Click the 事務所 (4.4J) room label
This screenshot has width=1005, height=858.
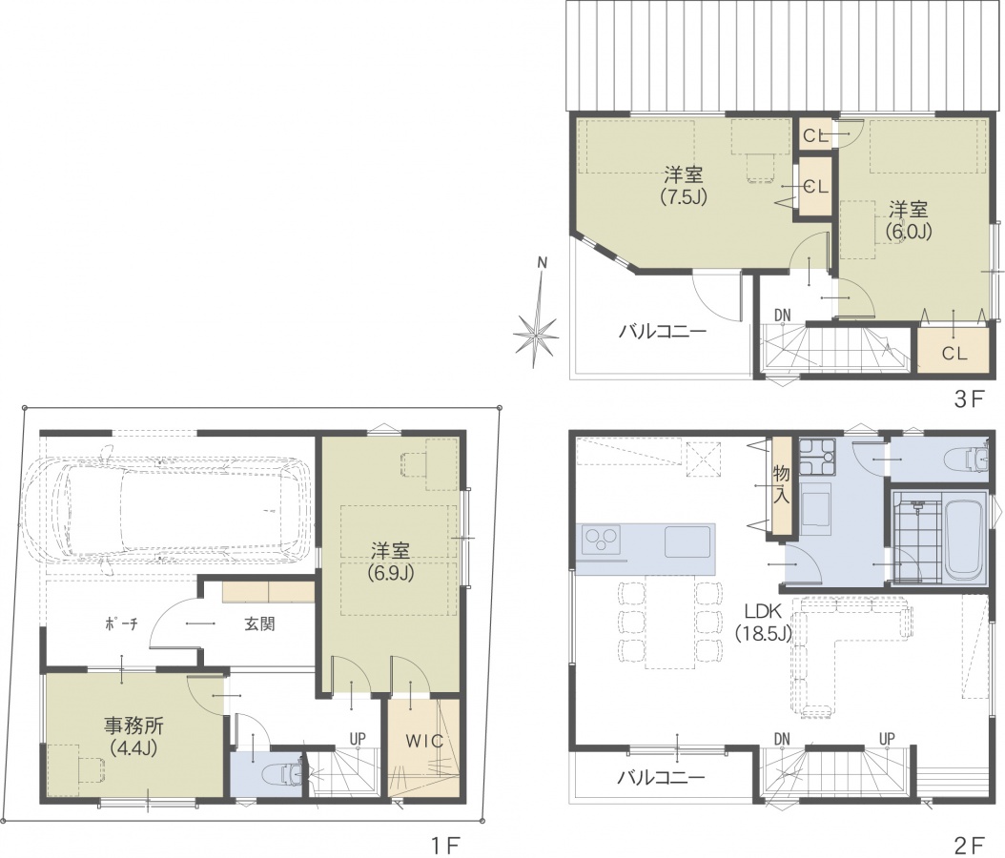133,736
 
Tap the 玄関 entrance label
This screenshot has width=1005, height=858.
259,623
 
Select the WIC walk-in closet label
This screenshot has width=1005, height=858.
424,741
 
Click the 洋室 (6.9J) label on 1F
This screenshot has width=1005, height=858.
390,562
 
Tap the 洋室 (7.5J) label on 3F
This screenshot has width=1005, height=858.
684,185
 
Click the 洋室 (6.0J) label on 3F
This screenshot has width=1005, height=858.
908,220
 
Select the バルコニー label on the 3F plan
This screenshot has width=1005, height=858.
662,332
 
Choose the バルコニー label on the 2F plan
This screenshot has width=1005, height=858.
661,778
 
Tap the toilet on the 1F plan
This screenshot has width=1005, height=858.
283,773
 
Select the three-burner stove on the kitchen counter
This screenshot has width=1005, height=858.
602,539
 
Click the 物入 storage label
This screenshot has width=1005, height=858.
781,485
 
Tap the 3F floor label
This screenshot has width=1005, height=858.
969,399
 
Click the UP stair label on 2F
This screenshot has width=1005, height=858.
887,739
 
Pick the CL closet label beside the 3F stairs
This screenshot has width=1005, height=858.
954,353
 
